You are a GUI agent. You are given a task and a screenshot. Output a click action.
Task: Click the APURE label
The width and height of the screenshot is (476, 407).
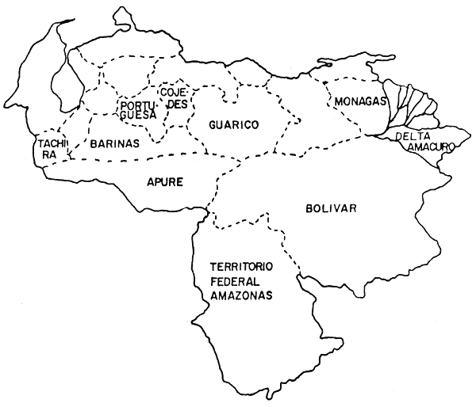click(x=165, y=182)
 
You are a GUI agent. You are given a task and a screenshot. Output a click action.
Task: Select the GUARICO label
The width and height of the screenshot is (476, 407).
click(x=235, y=125)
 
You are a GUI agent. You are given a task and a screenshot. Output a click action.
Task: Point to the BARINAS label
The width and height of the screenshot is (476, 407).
click(x=114, y=144)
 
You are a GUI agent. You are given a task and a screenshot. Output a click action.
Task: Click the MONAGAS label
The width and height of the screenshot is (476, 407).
click(x=359, y=102)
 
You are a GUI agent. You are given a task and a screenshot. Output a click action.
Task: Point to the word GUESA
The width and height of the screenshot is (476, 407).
click(x=137, y=116)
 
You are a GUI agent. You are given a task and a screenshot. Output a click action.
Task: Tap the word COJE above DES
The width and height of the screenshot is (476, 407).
click(x=173, y=92)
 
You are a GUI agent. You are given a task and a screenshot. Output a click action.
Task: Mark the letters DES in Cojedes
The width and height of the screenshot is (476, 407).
click(x=175, y=103)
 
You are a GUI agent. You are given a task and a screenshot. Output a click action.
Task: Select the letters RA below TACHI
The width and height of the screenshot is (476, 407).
click(x=49, y=154)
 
